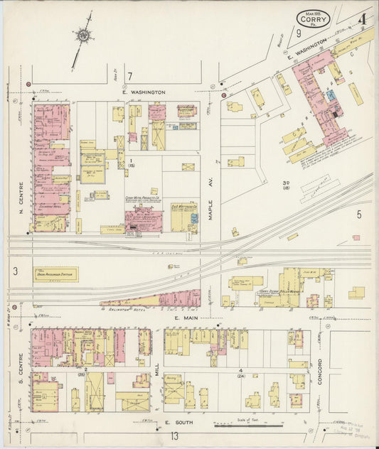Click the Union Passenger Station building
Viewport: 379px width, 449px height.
tap(56, 274)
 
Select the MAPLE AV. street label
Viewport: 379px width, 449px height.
tap(211, 205)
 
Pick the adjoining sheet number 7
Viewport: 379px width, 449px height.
tap(129, 76)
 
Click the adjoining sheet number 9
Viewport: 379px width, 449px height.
tap(299, 33)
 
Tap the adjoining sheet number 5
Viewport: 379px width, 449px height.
tap(359, 213)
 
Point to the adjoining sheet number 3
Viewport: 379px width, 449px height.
tap(15, 271)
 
